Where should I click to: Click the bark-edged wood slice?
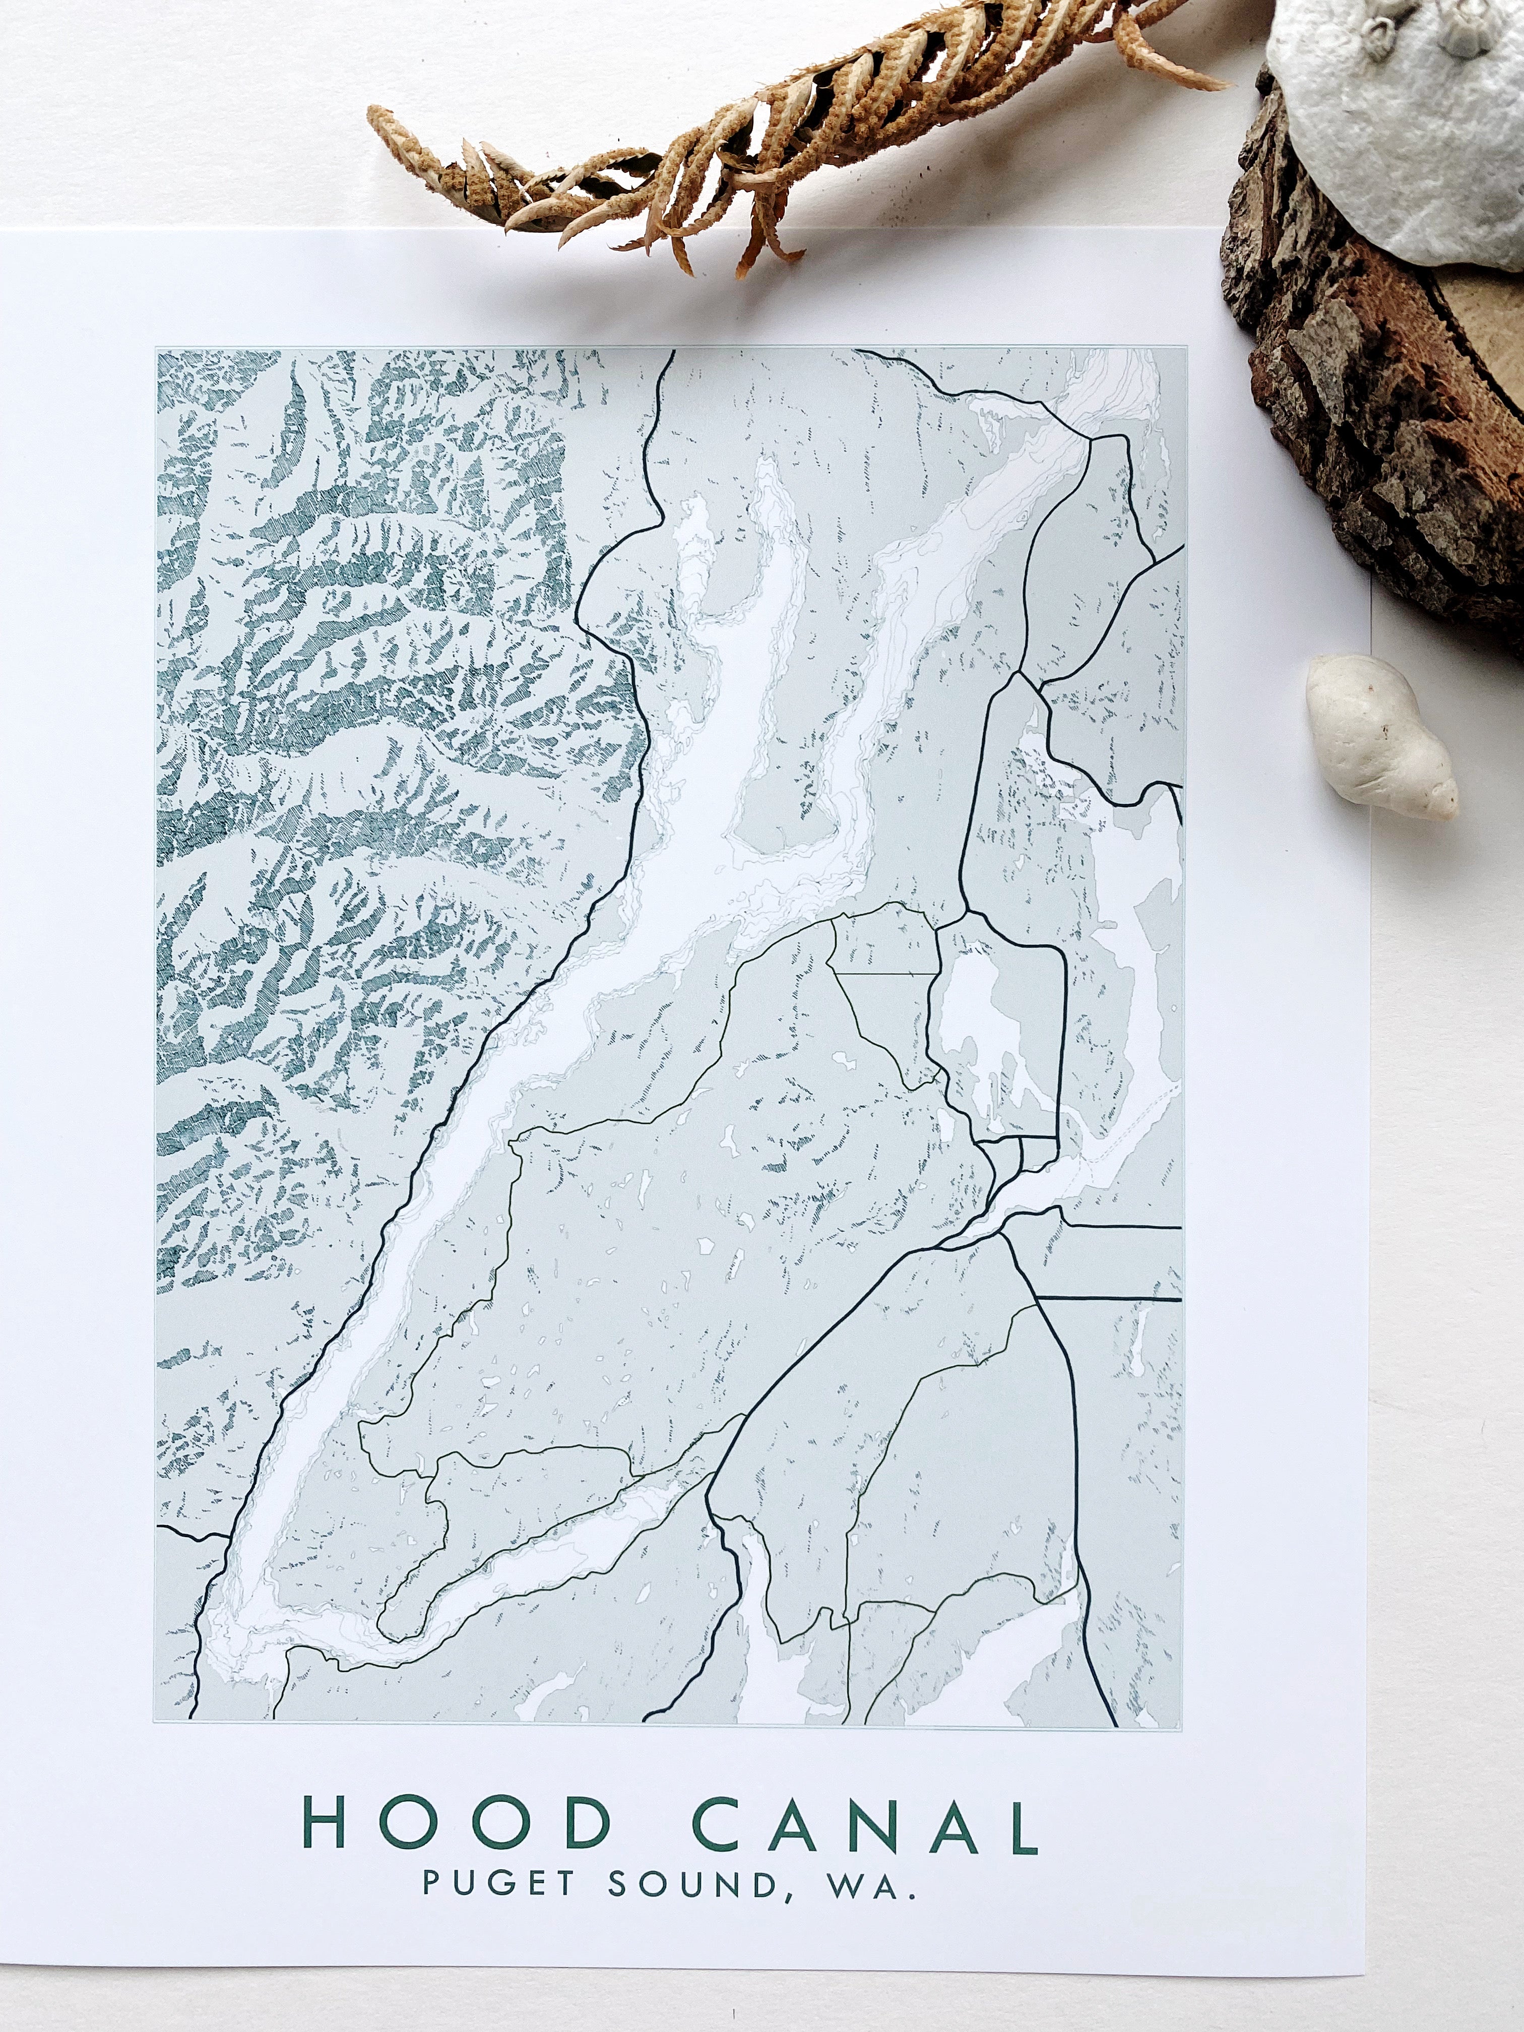pyautogui.click(x=1378, y=367)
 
